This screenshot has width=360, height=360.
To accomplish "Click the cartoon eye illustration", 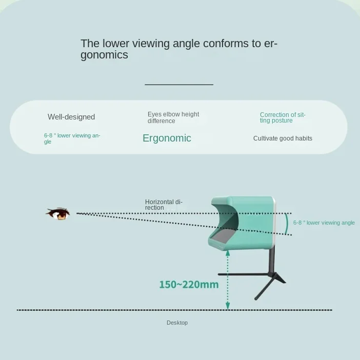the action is point(58,213).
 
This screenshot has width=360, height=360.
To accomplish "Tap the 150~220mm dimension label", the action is point(189,285).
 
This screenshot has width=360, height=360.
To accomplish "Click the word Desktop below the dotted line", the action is point(177,323).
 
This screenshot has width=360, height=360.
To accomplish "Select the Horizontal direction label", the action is point(164,205).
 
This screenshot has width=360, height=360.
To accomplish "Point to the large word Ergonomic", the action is point(167,138).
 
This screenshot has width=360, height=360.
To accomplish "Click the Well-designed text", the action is point(71,117).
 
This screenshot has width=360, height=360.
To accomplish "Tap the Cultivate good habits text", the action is point(283,138).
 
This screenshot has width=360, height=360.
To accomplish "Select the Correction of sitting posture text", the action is point(282,117).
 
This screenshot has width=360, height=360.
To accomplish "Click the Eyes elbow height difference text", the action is point(173,117).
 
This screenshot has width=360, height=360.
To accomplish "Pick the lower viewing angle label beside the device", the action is point(324,223).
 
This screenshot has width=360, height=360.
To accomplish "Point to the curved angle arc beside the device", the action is point(286,224).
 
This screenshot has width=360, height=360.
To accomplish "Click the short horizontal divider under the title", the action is point(178,85).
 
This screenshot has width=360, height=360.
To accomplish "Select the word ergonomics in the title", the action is point(104,55).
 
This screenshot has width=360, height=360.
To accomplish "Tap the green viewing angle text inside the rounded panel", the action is point(72,138).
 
